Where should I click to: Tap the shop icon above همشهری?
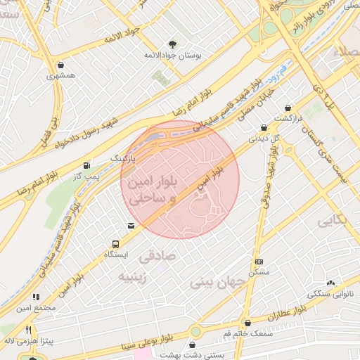63,65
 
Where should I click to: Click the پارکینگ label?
122,159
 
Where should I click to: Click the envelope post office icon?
131,226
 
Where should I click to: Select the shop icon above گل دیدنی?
264,128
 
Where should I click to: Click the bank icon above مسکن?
258,262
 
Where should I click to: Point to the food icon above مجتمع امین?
36,298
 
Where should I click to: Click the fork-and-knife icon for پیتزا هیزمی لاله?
28,330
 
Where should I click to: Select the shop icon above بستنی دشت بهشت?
193,345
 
